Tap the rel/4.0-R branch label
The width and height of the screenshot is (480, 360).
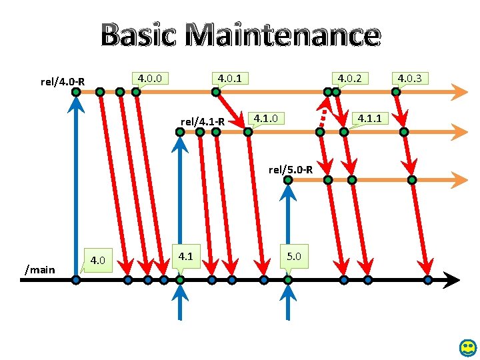coord(62,82)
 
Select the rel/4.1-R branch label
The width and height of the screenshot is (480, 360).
coord(203,122)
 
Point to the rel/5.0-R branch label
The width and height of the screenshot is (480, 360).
coord(291,170)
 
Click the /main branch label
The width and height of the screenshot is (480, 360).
coord(39,269)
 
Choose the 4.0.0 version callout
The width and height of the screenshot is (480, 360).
coord(151,78)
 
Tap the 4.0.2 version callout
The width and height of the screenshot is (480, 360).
coord(349,79)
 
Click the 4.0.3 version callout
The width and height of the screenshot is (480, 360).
coord(409,79)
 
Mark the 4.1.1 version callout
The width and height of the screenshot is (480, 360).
coord(369,119)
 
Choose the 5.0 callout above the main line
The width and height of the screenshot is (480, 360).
coord(293,255)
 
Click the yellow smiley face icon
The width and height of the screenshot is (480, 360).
coord(468,347)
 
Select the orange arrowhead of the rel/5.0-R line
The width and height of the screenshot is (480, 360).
coord(459,179)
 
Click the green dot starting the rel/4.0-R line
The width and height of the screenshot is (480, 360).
coord(77,91)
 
